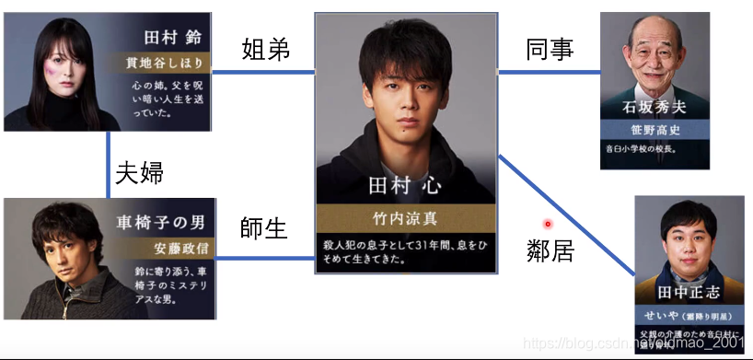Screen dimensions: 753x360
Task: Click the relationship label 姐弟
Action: [x=265, y=49]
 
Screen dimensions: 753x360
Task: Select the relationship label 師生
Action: [x=265, y=228]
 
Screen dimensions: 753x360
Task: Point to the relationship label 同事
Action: [x=550, y=49]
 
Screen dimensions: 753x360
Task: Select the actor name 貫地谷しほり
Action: [x=168, y=64]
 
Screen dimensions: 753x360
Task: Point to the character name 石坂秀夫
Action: [x=654, y=108]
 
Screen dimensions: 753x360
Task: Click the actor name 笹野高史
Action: [x=655, y=128]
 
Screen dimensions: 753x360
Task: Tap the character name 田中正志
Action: [x=688, y=292]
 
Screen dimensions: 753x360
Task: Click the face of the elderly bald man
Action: [x=654, y=55]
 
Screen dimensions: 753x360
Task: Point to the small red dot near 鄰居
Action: [x=547, y=223]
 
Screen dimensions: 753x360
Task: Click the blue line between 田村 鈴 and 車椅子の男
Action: [x=109, y=166]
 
